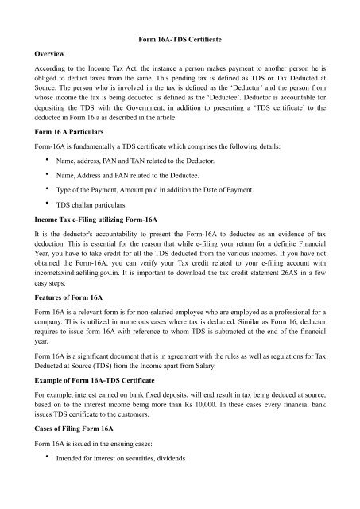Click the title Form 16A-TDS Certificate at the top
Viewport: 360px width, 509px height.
click(x=180, y=39)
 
